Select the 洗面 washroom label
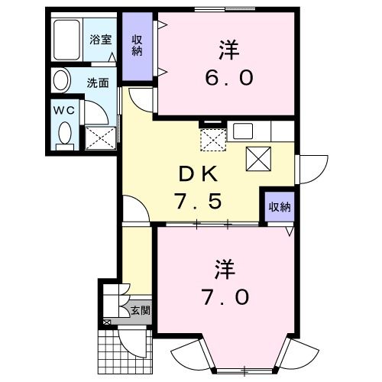(x=96, y=83)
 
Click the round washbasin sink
(x=60, y=80)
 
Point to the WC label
(x=63, y=109)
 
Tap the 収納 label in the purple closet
(x=138, y=46)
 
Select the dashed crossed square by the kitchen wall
(x=212, y=140)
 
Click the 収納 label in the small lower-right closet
(x=279, y=206)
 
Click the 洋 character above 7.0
(x=223, y=269)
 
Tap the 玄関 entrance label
(x=138, y=310)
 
